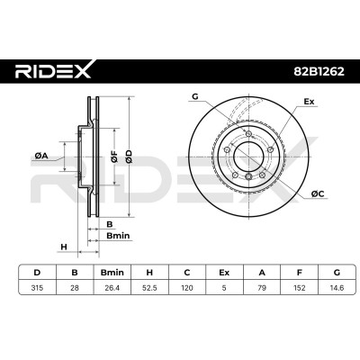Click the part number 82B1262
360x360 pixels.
click(x=319, y=71)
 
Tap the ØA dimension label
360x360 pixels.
click(x=41, y=156)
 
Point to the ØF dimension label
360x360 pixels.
click(x=114, y=157)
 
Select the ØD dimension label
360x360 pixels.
click(x=129, y=157)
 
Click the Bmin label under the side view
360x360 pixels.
click(x=118, y=236)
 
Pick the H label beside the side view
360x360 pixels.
click(x=64, y=247)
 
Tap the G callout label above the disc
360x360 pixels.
click(x=195, y=96)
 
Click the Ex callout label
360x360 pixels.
click(x=309, y=102)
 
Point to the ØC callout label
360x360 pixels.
click(x=318, y=194)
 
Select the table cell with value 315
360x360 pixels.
click(x=37, y=288)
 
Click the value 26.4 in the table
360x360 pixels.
click(x=112, y=288)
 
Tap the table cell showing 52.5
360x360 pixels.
click(x=149, y=288)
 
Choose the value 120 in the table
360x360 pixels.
click(x=187, y=288)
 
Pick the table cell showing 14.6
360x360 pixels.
click(x=337, y=288)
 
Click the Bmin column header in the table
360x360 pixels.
click(x=112, y=273)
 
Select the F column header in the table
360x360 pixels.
click(x=299, y=273)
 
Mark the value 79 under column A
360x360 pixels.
click(x=262, y=288)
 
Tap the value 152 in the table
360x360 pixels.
click(x=299, y=288)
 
